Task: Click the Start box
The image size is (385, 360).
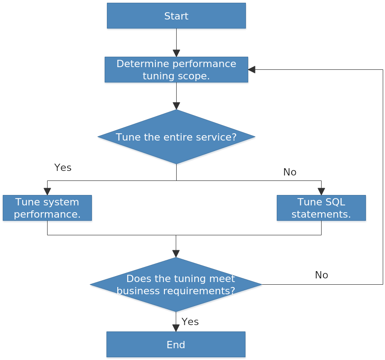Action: click(x=176, y=16)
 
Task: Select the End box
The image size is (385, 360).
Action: click(x=176, y=345)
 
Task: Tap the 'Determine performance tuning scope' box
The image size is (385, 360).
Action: click(x=176, y=70)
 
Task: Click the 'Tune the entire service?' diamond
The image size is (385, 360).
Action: click(x=176, y=137)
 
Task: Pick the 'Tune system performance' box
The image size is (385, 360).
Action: click(x=47, y=209)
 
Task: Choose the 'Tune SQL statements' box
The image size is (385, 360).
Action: click(x=321, y=209)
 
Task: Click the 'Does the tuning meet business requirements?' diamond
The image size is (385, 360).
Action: click(x=176, y=285)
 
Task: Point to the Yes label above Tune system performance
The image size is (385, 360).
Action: click(x=63, y=168)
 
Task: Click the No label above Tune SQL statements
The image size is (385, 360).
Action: click(x=289, y=172)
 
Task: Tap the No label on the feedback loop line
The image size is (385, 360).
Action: click(x=321, y=275)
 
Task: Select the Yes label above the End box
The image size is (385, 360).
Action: click(x=190, y=322)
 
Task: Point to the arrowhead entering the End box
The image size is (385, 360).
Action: click(x=176, y=328)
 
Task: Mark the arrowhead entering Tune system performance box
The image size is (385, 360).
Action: click(x=47, y=191)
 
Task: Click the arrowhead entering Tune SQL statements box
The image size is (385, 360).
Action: click(x=321, y=191)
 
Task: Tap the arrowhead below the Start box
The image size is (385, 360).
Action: click(x=176, y=53)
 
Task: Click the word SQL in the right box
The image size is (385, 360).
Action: click(x=335, y=202)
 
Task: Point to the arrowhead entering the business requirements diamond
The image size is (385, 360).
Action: click(x=176, y=253)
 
